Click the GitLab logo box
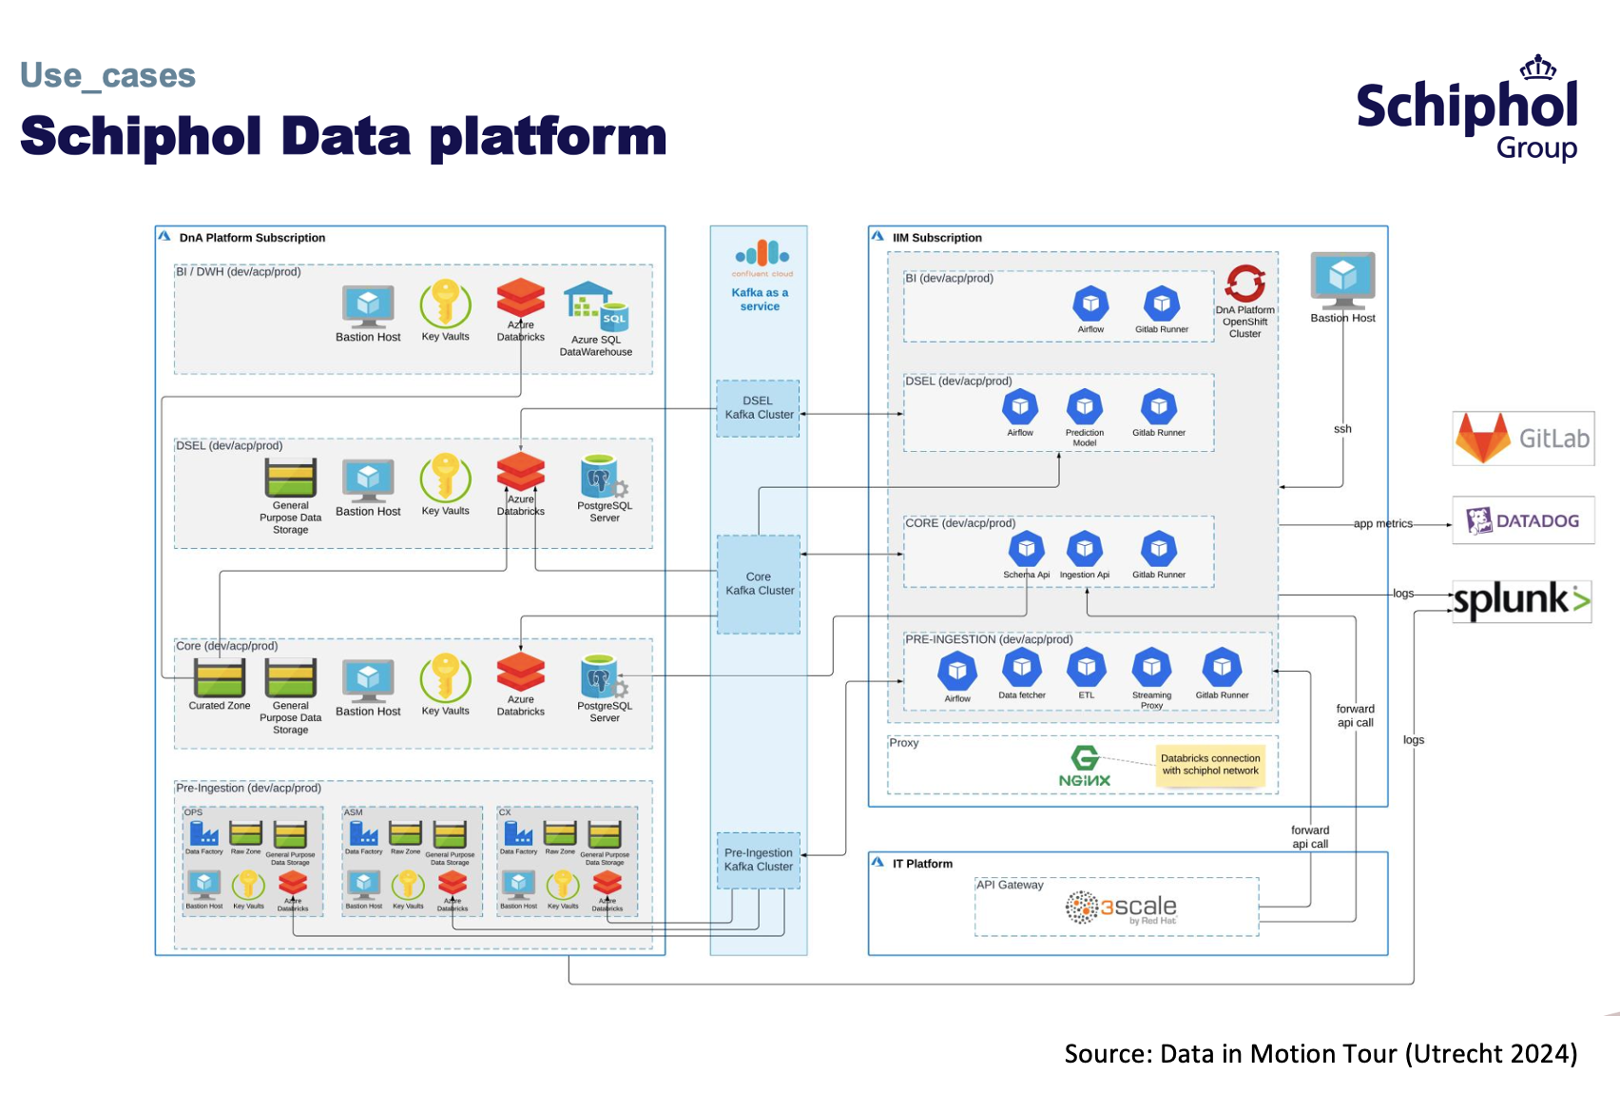1523,439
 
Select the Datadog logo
1523,520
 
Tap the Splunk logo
1521,600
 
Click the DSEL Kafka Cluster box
758,408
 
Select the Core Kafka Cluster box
758,584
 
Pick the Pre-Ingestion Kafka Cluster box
758,860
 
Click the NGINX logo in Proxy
1085,767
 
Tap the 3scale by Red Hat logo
1122,908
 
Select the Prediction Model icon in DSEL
1085,407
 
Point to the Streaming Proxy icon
1151,668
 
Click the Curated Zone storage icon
220,678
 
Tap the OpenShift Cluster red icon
1244,283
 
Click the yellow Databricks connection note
1210,765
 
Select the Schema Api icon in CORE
1027,549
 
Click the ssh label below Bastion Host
1342,429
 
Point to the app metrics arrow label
1382,524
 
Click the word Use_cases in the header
107,75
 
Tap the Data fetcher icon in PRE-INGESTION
1022,668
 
